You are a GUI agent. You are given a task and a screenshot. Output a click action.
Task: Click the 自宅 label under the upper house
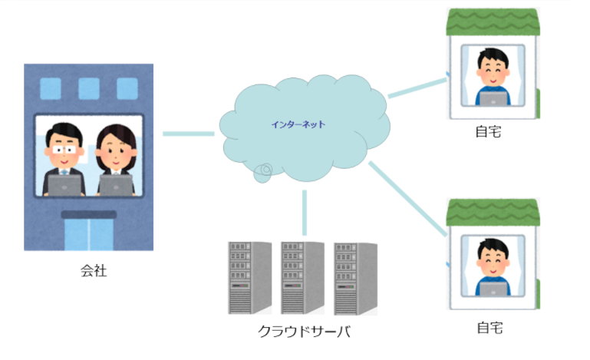[x=489, y=132]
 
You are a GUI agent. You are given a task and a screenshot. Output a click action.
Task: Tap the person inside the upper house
[x=490, y=77]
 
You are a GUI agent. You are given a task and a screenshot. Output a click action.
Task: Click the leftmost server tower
[x=249, y=277]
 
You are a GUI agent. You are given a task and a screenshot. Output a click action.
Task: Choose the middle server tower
[x=302, y=277]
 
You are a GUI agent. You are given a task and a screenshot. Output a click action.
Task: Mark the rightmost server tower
[x=355, y=277]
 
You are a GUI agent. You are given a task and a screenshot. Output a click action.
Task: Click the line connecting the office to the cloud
[x=188, y=134]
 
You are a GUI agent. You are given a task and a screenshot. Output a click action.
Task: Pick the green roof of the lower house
[x=493, y=212]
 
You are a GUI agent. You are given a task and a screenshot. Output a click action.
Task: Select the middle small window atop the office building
[x=89, y=88]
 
